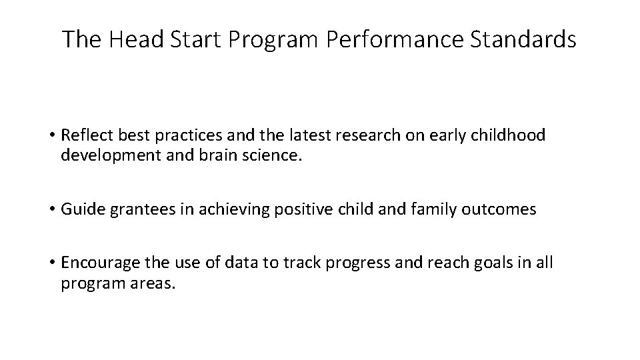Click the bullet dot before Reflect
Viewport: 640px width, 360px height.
51,136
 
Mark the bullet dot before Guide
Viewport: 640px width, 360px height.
51,209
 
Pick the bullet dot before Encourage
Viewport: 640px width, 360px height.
51,263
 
